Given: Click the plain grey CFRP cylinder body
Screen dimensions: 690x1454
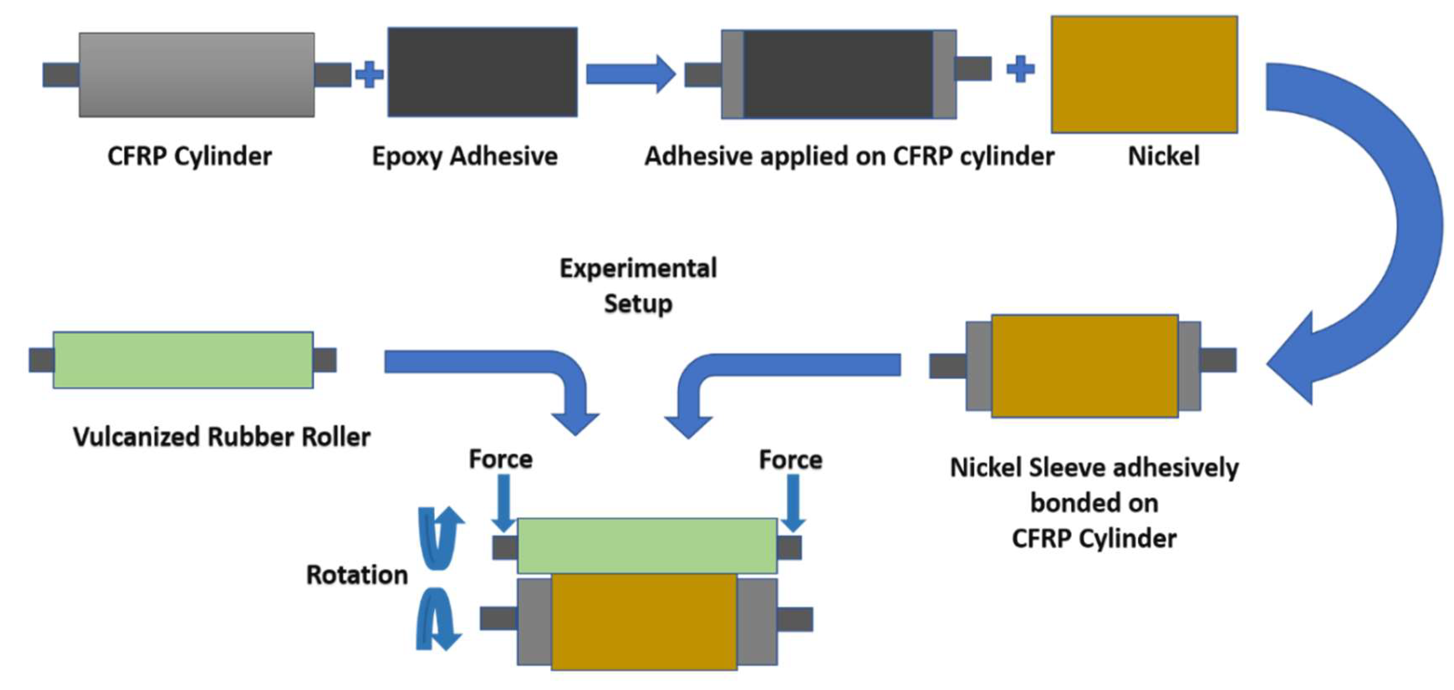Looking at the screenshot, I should [197, 75].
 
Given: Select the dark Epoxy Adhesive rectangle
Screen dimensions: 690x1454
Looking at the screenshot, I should [482, 72].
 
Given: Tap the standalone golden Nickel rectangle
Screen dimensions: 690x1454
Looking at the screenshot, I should [1144, 75].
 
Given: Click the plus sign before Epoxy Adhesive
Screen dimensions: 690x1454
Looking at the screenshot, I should [370, 75].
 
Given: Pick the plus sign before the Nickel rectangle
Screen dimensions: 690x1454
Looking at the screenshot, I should [1020, 69].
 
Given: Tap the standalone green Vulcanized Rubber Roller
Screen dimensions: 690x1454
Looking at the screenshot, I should [183, 360].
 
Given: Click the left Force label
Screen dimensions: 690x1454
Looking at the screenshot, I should [501, 459].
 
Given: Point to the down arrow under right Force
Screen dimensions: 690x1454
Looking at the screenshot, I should [793, 502].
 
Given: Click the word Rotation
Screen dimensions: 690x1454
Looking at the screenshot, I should [357, 575].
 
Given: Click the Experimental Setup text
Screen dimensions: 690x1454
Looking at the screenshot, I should [638, 285].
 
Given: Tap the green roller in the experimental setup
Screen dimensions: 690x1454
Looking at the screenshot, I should [647, 546].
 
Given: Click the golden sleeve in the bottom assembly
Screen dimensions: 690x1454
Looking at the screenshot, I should [644, 622].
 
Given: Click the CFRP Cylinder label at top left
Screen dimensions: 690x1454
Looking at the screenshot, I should [190, 156].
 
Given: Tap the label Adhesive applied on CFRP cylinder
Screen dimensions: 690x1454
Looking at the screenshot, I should [849, 156].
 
